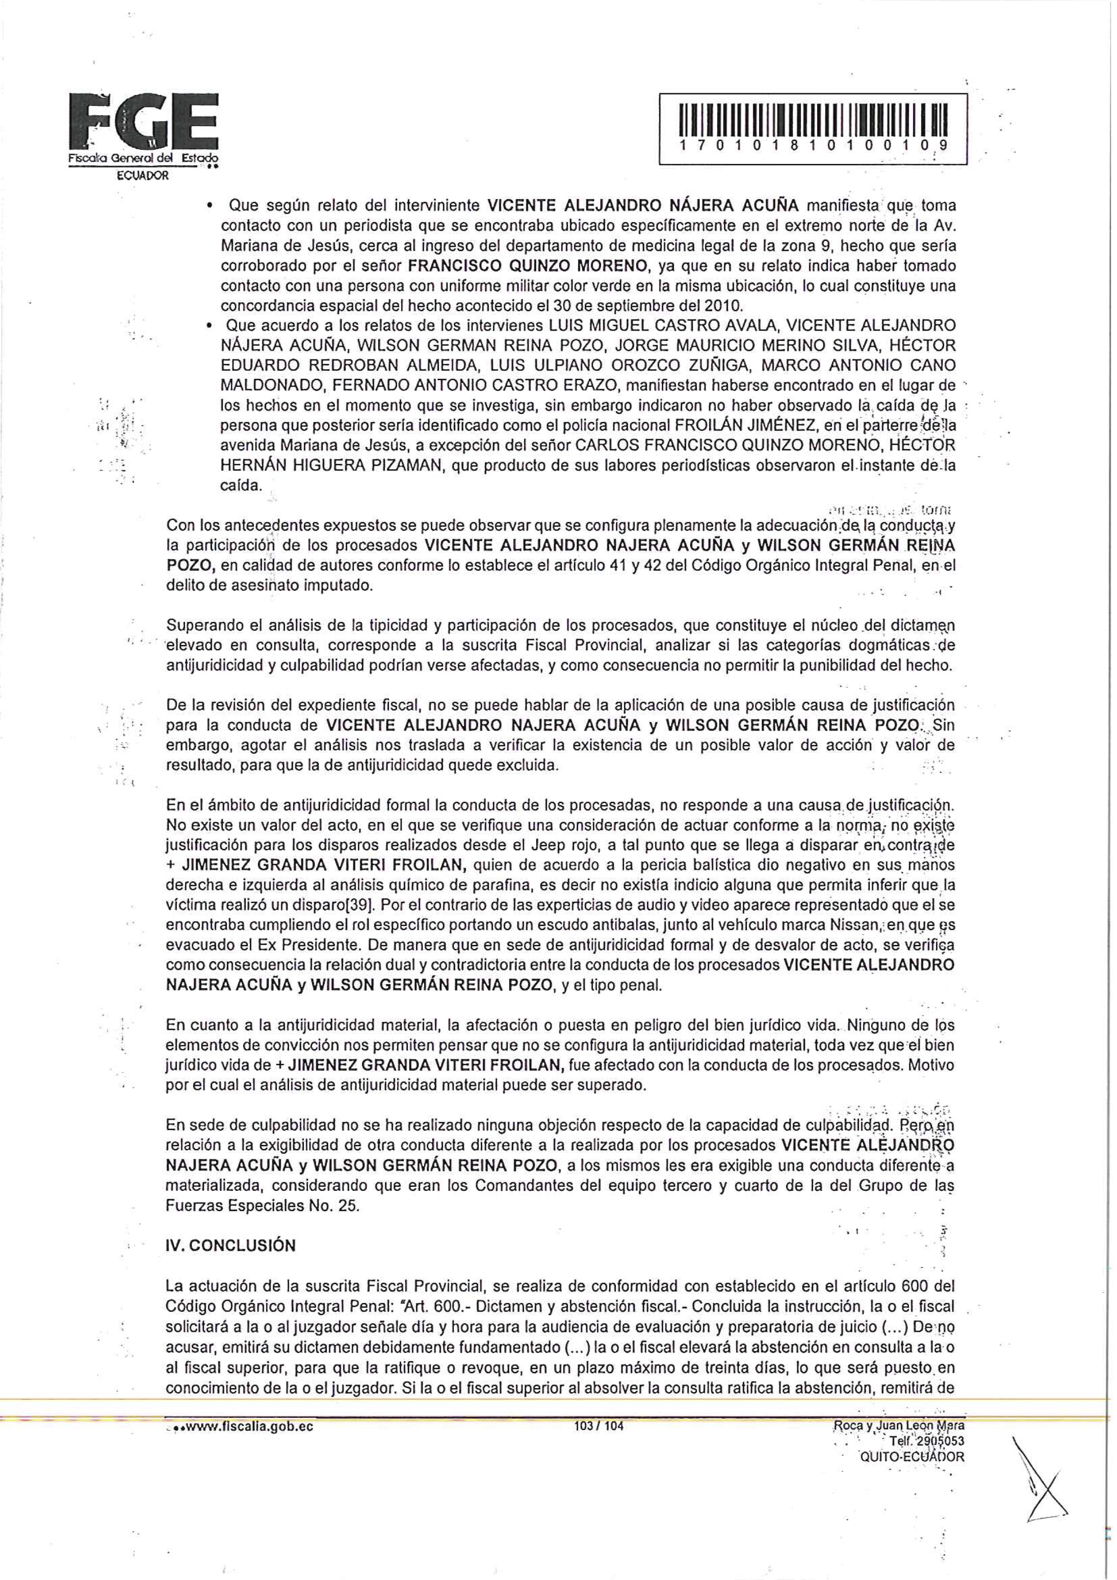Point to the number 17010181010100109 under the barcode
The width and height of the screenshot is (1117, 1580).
[x=812, y=146]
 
